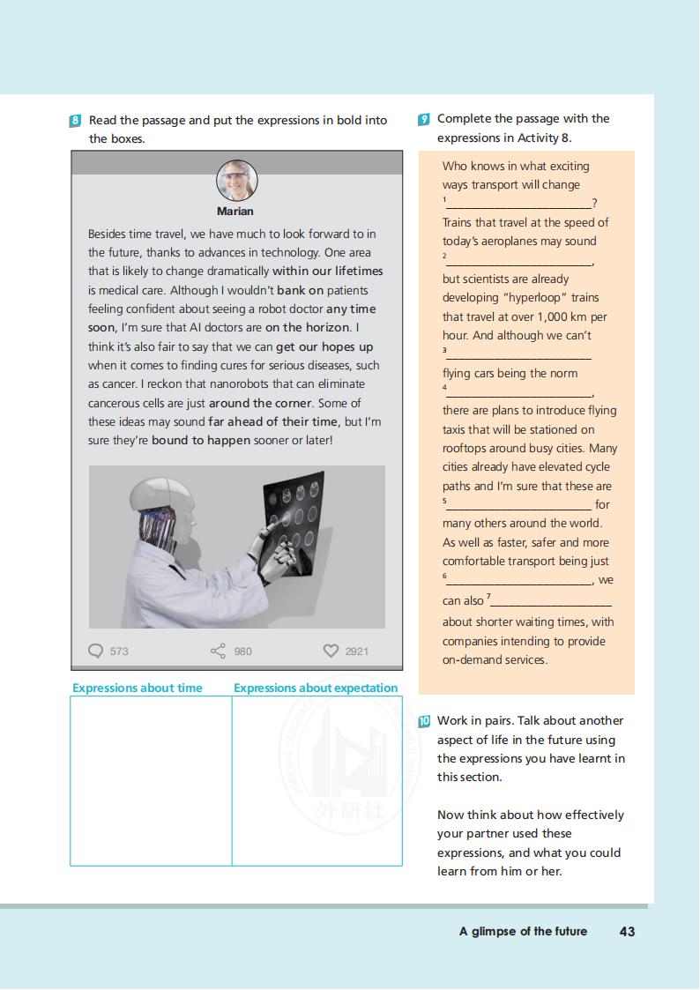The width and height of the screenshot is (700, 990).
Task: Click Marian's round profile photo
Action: [x=236, y=182]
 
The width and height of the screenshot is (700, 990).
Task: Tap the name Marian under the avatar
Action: [x=235, y=212]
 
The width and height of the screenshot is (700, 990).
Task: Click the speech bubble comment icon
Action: [x=96, y=651]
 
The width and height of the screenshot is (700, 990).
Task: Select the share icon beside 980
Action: [x=218, y=651]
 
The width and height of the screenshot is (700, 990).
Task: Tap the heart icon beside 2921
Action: [x=331, y=651]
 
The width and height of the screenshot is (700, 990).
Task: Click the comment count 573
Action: [x=119, y=651]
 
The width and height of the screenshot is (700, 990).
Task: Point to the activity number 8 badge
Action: [x=75, y=121]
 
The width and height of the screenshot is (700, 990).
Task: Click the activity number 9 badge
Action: [x=424, y=119]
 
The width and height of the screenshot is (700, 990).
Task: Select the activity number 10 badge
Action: [x=424, y=721]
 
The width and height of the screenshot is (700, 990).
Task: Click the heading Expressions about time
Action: [x=138, y=688]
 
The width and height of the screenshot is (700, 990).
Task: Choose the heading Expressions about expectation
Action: [x=316, y=688]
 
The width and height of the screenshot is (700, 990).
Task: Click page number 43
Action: [x=627, y=931]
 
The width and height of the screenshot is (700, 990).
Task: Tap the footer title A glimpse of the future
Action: [x=523, y=931]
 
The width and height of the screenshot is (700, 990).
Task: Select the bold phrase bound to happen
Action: [x=201, y=440]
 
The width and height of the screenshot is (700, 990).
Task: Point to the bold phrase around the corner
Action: [x=260, y=403]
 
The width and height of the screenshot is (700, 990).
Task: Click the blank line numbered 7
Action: [x=550, y=602]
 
